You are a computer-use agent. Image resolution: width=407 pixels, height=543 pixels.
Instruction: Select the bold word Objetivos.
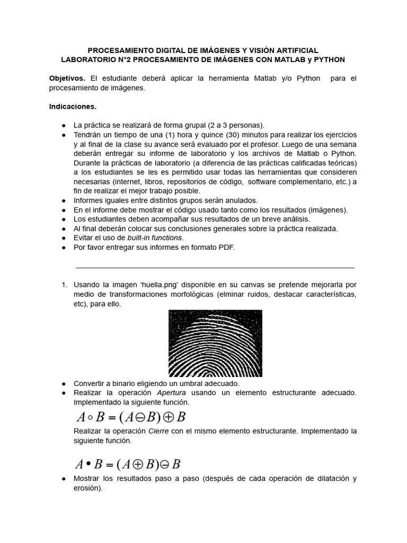67,78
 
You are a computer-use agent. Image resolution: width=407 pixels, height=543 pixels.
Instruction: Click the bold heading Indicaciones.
73,107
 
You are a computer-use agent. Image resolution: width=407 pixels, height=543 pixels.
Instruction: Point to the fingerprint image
215,343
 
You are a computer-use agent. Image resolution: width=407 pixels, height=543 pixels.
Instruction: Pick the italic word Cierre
158,431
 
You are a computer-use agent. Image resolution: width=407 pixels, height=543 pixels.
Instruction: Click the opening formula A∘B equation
129,417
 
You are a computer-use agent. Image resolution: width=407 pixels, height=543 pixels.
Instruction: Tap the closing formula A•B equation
128,465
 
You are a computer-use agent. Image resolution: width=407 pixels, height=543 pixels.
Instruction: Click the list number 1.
64,285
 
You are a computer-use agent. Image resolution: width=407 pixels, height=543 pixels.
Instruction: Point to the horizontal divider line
215,268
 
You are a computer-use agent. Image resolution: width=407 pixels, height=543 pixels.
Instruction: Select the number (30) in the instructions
236,135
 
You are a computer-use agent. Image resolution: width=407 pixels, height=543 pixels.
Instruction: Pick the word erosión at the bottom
87,488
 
